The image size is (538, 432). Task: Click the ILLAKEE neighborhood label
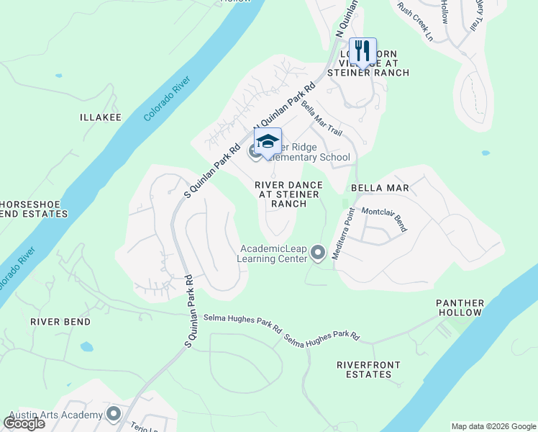[101, 117]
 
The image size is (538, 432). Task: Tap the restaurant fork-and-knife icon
[363, 51]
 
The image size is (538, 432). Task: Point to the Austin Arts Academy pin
[113, 414]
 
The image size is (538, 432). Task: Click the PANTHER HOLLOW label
[460, 308]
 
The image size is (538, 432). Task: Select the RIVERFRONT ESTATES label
[368, 370]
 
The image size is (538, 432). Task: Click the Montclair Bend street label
[385, 219]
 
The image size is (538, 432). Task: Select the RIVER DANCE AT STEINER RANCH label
[289, 194]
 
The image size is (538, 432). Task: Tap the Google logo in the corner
[24, 423]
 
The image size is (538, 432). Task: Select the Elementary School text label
[309, 158]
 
